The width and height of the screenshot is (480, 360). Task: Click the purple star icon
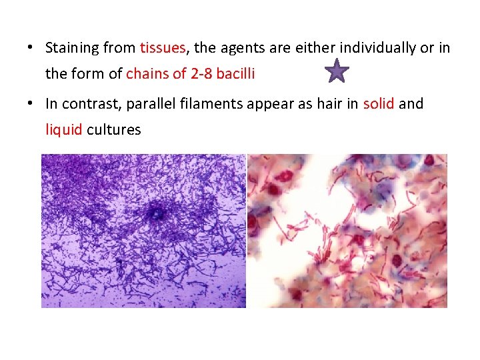click(x=339, y=71)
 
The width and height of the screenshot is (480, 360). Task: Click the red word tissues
click(x=163, y=48)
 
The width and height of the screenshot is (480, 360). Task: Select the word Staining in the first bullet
click(x=70, y=48)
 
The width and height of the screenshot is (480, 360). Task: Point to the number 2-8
click(x=203, y=74)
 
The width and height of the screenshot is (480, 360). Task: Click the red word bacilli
click(x=237, y=74)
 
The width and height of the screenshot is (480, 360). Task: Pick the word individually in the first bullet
click(x=374, y=48)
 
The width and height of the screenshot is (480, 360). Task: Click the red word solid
click(x=379, y=103)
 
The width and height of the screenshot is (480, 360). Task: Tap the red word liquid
click(x=64, y=129)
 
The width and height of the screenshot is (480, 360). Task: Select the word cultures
click(x=114, y=129)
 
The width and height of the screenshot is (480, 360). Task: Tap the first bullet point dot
click(x=31, y=48)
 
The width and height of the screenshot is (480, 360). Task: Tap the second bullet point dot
click(x=31, y=103)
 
